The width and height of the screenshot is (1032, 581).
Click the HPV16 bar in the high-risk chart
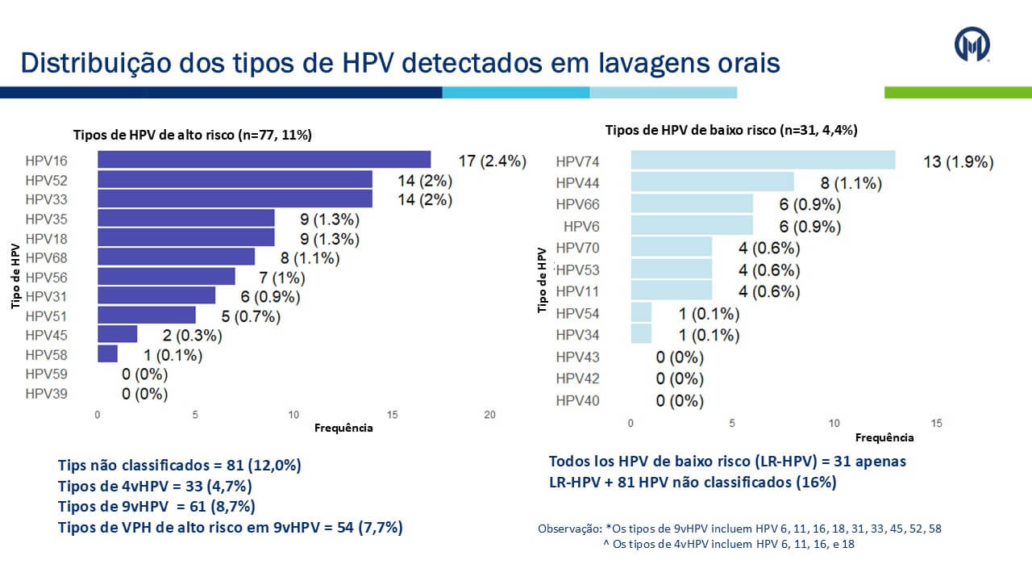(264, 160)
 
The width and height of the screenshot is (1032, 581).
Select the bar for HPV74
(763, 161)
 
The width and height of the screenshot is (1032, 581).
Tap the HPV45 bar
(118, 335)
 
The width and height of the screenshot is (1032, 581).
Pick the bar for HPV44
(712, 182)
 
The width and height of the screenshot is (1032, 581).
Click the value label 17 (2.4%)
(492, 161)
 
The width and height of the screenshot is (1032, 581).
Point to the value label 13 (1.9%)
(958, 162)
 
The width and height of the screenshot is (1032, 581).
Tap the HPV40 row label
(577, 401)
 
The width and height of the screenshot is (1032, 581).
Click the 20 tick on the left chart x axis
(489, 415)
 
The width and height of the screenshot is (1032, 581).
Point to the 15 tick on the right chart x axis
(936, 423)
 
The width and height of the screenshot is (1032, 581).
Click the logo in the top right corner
(972, 44)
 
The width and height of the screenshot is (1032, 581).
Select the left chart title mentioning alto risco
(193, 135)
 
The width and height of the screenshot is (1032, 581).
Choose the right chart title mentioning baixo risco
(730, 130)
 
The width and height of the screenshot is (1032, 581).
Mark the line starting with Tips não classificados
(179, 466)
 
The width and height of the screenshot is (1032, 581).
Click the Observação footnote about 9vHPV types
(739, 529)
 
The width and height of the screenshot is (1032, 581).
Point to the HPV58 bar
(107, 354)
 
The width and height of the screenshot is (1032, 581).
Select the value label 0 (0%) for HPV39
(144, 395)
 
